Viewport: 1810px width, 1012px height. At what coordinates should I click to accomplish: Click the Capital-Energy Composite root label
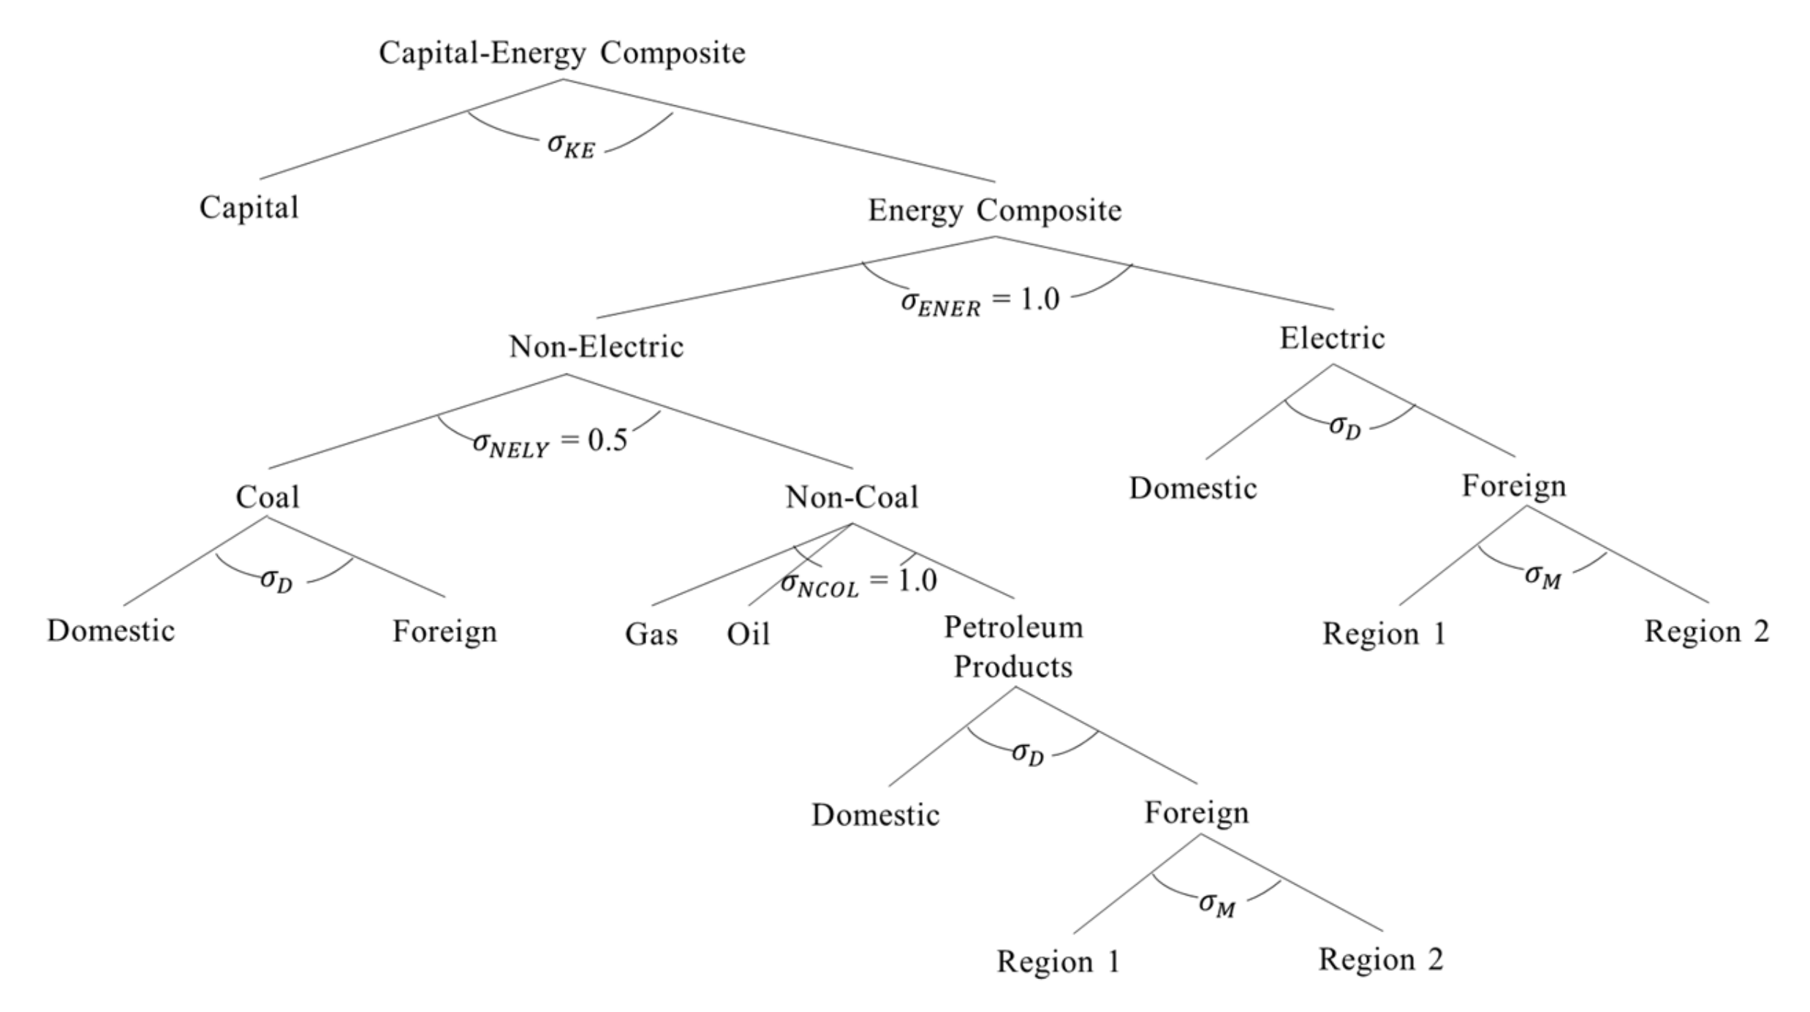(x=561, y=53)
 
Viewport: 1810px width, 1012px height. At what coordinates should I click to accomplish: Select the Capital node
(x=249, y=208)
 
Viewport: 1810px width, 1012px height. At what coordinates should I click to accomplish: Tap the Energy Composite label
(x=994, y=211)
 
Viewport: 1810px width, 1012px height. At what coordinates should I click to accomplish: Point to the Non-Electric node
(x=596, y=347)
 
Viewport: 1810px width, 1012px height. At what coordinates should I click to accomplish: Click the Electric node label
(x=1331, y=339)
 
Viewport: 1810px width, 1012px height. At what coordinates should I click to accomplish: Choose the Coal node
(x=268, y=497)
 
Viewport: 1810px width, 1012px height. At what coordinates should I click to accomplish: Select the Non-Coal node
(x=852, y=497)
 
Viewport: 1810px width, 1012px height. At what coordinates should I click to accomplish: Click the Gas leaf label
(x=651, y=634)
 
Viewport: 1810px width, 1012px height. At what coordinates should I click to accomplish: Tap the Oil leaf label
(x=748, y=634)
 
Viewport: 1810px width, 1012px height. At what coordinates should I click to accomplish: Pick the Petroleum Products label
(x=1013, y=646)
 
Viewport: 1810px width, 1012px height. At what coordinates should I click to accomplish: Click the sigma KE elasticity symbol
(x=571, y=145)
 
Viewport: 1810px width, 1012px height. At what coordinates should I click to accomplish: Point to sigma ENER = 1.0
(x=980, y=301)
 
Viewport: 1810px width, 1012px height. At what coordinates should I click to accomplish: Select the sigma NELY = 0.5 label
(x=550, y=442)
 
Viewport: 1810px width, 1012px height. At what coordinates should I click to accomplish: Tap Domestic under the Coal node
(x=110, y=630)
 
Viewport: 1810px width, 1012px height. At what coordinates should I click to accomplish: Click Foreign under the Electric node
(x=1513, y=486)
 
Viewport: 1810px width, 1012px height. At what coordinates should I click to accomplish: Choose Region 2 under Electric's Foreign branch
(x=1706, y=631)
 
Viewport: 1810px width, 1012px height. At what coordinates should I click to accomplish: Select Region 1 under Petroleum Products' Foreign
(x=1058, y=961)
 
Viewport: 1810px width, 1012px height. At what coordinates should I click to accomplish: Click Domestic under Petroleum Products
(x=875, y=815)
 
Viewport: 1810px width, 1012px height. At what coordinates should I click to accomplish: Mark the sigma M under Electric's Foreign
(x=1542, y=576)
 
